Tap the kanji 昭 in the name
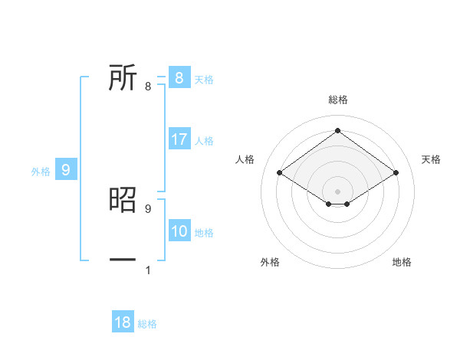[123, 199]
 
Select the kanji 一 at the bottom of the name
[123, 260]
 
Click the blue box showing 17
[179, 139]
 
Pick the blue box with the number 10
[179, 231]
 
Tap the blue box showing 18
[123, 322]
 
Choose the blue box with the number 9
[66, 170]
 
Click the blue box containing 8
[179, 77]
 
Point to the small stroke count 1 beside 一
[148, 270]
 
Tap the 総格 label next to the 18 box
[147, 324]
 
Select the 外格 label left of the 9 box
[41, 172]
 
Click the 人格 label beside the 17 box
[204, 141]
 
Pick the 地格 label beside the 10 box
[204, 233]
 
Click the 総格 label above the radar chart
[337, 100]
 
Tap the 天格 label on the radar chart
[431, 159]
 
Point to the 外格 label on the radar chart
[270, 262]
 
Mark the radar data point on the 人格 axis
[280, 173]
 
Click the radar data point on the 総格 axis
[337, 131]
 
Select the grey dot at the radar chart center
[337, 191]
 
